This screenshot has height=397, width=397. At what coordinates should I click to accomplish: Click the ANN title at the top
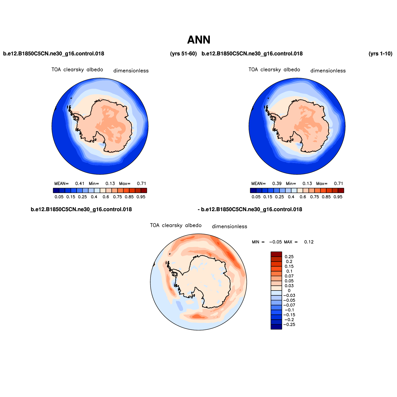199,40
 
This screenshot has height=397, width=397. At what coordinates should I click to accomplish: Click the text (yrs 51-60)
183,54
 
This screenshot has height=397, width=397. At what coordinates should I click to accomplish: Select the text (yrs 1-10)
380,54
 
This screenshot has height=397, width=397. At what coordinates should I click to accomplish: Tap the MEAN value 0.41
80,184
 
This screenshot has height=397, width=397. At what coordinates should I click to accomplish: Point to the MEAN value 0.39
277,184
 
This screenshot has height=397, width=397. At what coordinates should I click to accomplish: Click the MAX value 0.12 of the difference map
309,242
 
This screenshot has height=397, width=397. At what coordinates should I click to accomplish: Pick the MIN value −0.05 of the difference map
275,242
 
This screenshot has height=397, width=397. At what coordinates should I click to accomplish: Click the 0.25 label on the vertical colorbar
289,257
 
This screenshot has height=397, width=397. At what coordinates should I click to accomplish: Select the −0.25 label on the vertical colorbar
289,325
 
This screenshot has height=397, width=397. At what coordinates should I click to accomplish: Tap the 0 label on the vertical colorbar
289,291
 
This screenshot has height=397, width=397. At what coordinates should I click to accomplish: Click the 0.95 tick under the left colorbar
141,197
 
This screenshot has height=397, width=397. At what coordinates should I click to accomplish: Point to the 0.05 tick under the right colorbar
256,197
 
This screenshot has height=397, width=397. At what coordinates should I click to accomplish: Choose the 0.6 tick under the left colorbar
106,197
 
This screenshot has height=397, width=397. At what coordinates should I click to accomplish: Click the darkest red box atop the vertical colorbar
276,254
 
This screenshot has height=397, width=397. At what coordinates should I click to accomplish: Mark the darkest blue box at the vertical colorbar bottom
276,327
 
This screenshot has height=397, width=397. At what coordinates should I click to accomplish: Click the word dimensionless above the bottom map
229,226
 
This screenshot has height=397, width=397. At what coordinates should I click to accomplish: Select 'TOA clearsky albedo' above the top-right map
274,70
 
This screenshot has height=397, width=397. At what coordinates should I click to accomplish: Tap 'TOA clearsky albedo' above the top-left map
77,70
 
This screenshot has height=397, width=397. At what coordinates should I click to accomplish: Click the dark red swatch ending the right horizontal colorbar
341,191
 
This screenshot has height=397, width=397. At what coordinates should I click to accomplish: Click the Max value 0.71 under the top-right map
338,184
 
